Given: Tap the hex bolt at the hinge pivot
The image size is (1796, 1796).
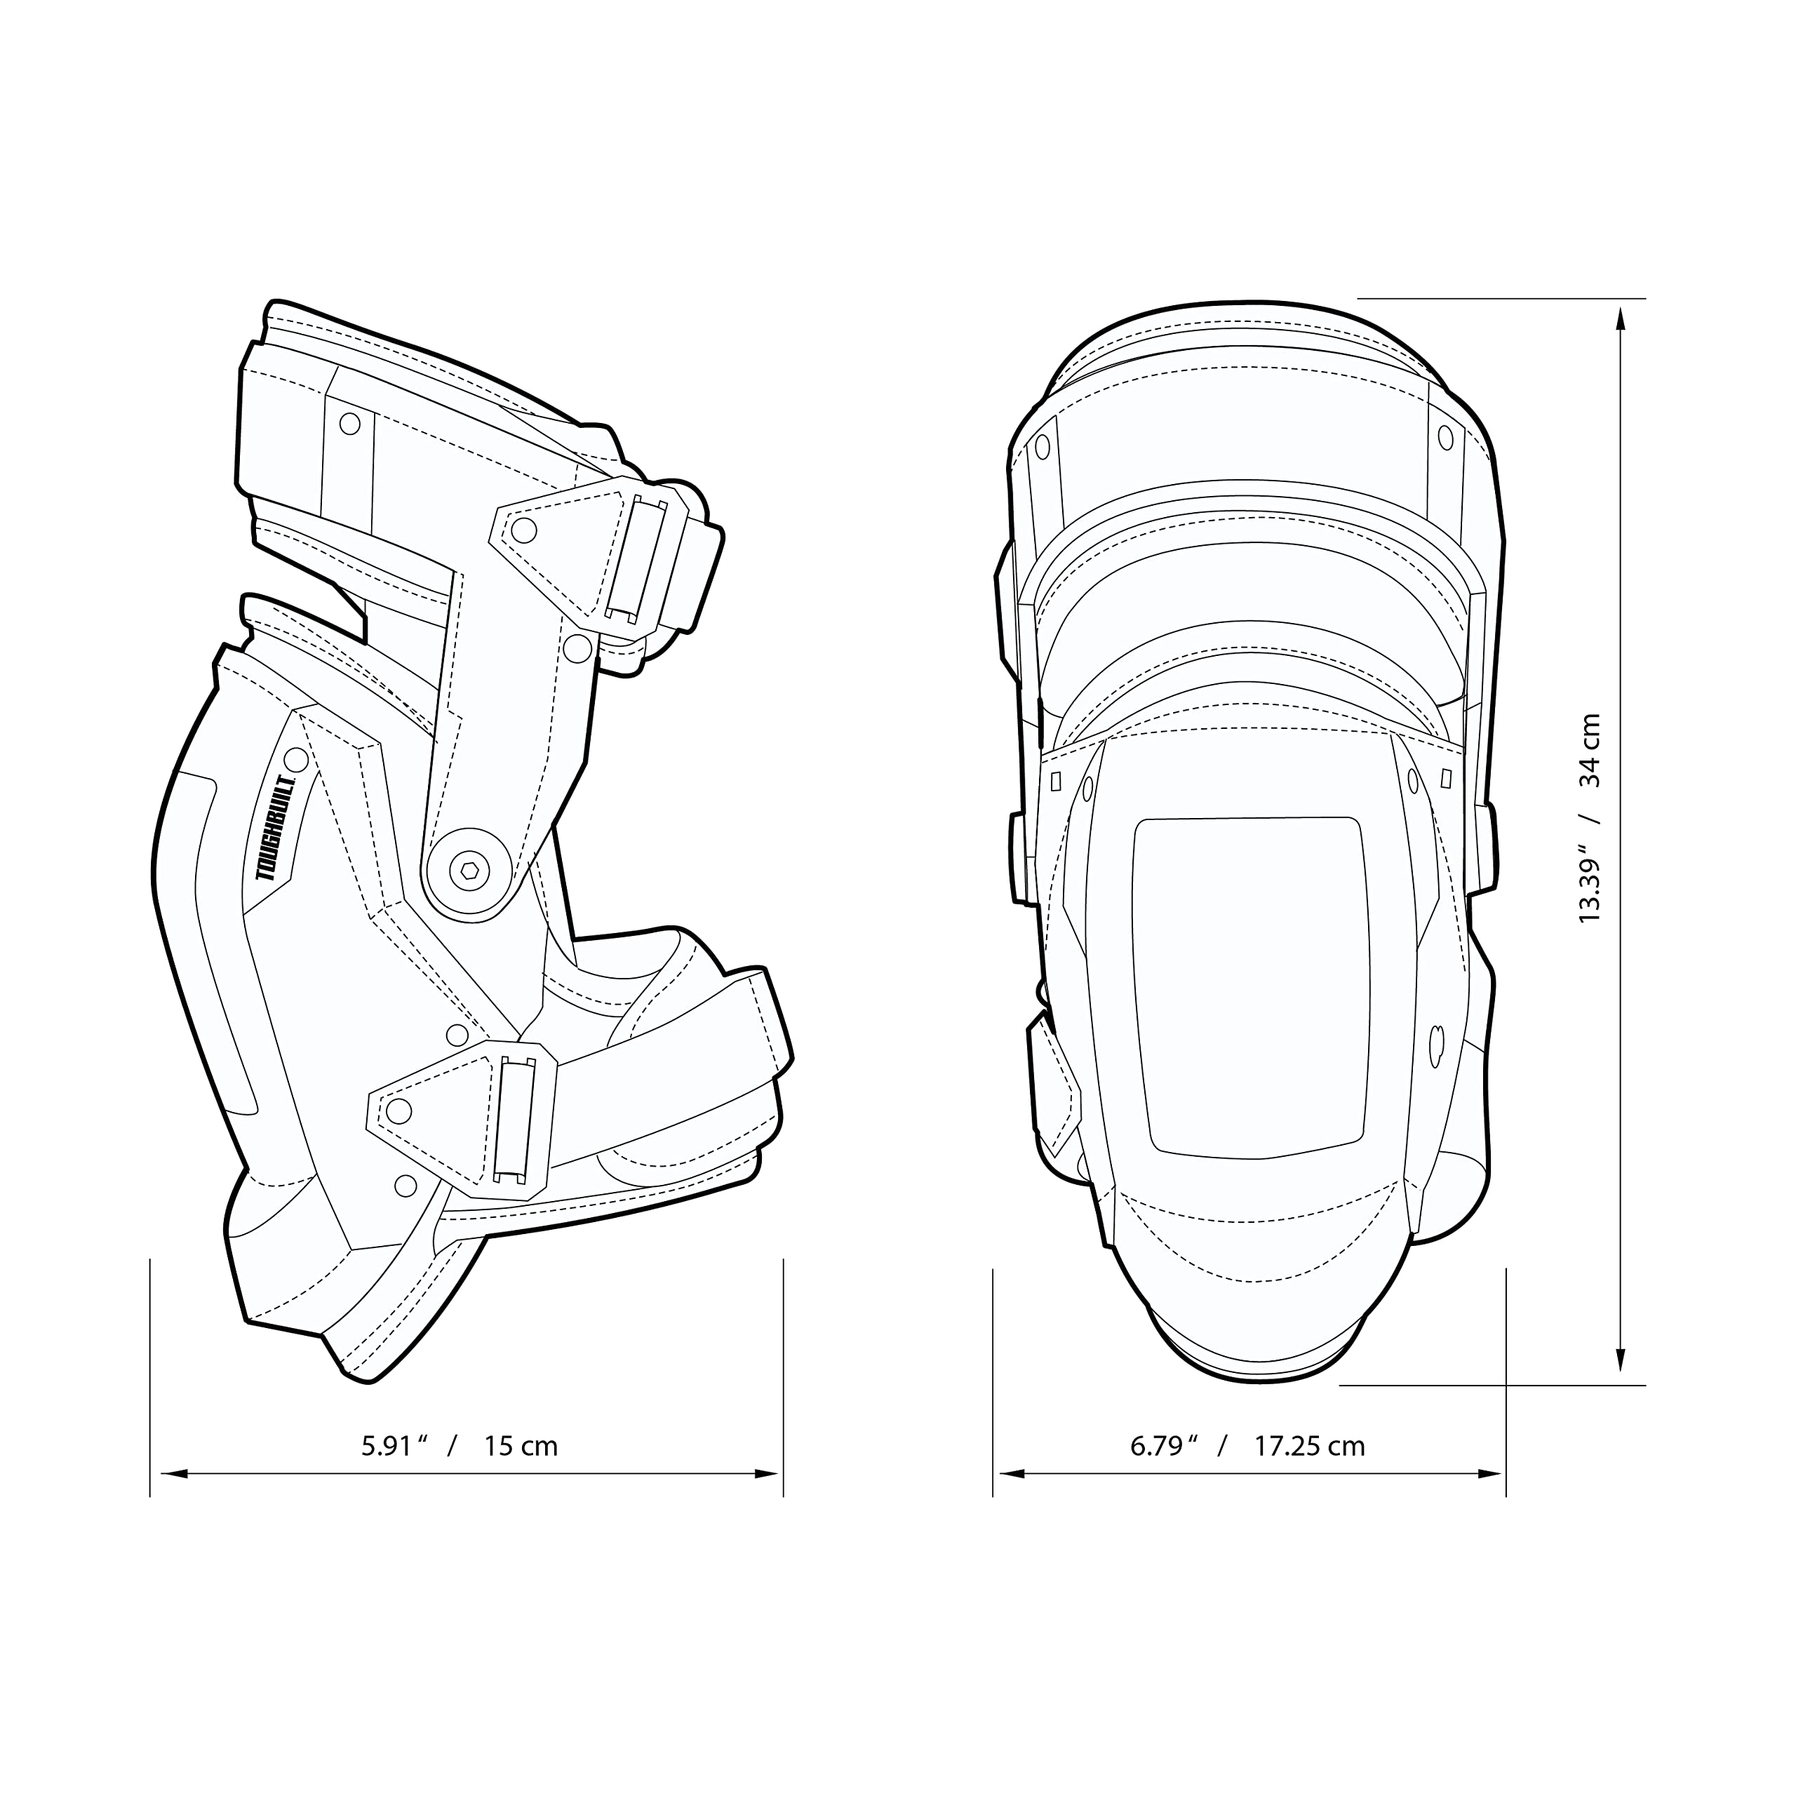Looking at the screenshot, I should tap(469, 870).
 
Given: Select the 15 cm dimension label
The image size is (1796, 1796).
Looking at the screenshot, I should tap(521, 1447).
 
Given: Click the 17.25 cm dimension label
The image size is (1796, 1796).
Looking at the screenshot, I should tap(1309, 1447).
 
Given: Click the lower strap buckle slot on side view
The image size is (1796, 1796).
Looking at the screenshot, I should tap(514, 1119).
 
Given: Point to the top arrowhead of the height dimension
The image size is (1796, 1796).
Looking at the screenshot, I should tap(1621, 319).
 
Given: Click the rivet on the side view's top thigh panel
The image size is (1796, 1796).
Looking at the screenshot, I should tap(349, 424).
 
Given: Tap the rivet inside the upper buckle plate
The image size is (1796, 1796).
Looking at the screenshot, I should tap(524, 531).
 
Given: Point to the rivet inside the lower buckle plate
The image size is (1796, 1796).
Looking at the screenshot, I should tap(398, 1110).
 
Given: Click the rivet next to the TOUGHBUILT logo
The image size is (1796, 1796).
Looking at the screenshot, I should tap(295, 758).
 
